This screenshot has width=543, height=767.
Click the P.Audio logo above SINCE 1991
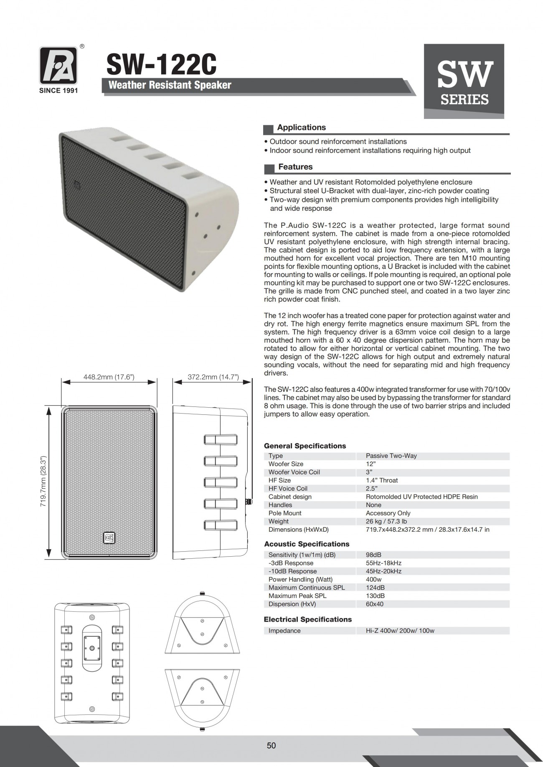point(58,65)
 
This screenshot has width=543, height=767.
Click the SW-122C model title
point(161,65)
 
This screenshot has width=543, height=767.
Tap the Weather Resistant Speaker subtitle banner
point(170,85)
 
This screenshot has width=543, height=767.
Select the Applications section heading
point(301,128)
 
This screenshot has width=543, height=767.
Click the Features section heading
point(295,167)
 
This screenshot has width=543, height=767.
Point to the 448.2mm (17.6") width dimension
point(109,377)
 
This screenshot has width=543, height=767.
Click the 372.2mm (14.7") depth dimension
point(213,377)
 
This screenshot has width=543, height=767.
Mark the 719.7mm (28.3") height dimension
point(43,481)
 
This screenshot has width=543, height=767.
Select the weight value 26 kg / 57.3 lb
point(386,521)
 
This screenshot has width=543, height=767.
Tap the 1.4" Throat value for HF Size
point(382,480)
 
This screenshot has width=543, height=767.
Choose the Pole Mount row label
point(285,513)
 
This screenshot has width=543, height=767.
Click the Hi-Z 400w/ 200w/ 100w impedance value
point(400,631)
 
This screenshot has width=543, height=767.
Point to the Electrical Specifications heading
point(307,619)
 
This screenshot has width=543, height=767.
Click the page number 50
point(271,745)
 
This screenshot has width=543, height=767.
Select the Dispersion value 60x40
point(374,604)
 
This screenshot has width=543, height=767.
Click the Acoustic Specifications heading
point(307,544)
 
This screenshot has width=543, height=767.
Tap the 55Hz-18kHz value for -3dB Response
point(383,563)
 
